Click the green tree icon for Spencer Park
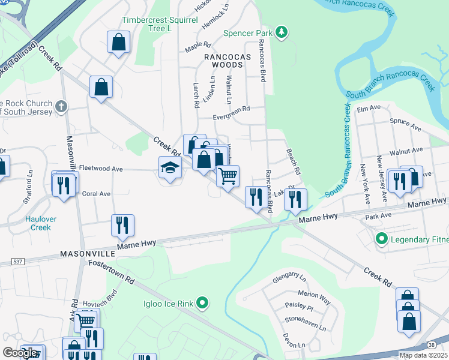282,32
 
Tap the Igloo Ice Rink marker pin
203,304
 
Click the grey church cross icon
60,107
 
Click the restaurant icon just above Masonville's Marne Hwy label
122,226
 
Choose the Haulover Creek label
40,223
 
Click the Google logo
19,353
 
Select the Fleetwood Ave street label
101,169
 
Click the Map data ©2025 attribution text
423,355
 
